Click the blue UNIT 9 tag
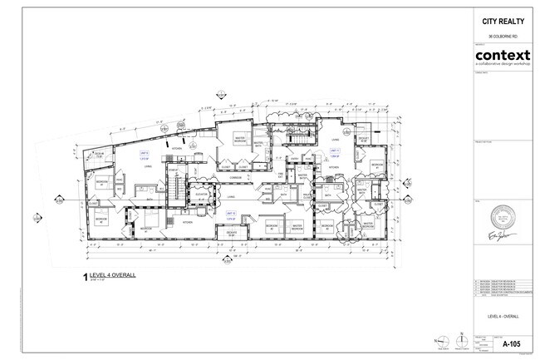click(144, 155)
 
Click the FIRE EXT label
click(281, 176)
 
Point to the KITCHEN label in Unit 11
click(332, 167)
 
